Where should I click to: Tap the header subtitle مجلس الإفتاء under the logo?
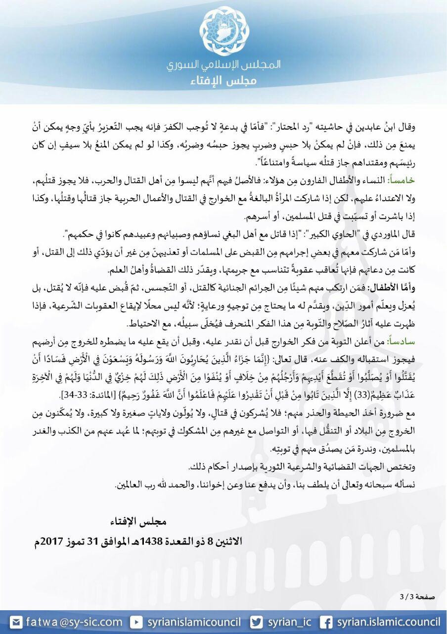pos(223,81)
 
